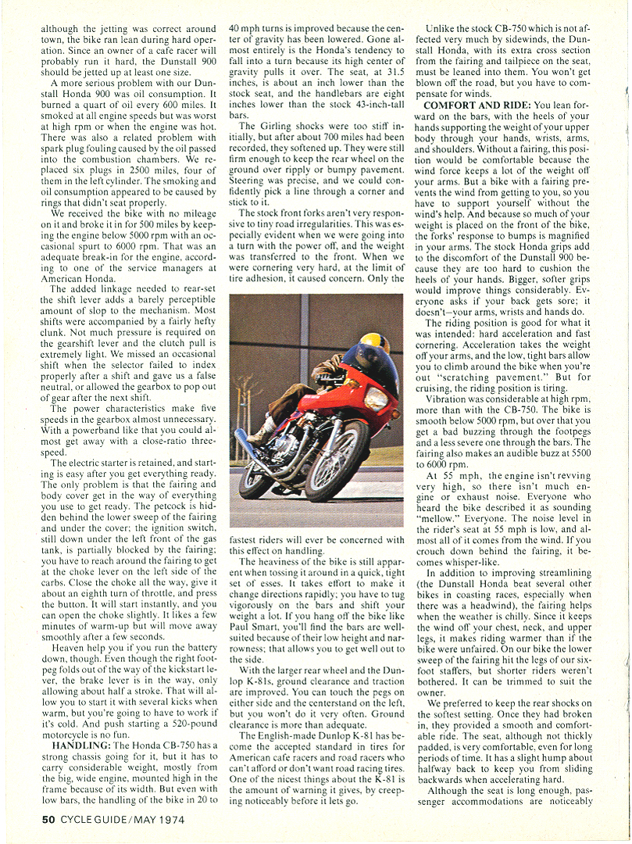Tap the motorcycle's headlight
377,399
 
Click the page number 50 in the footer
49,821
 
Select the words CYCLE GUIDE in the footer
98,821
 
